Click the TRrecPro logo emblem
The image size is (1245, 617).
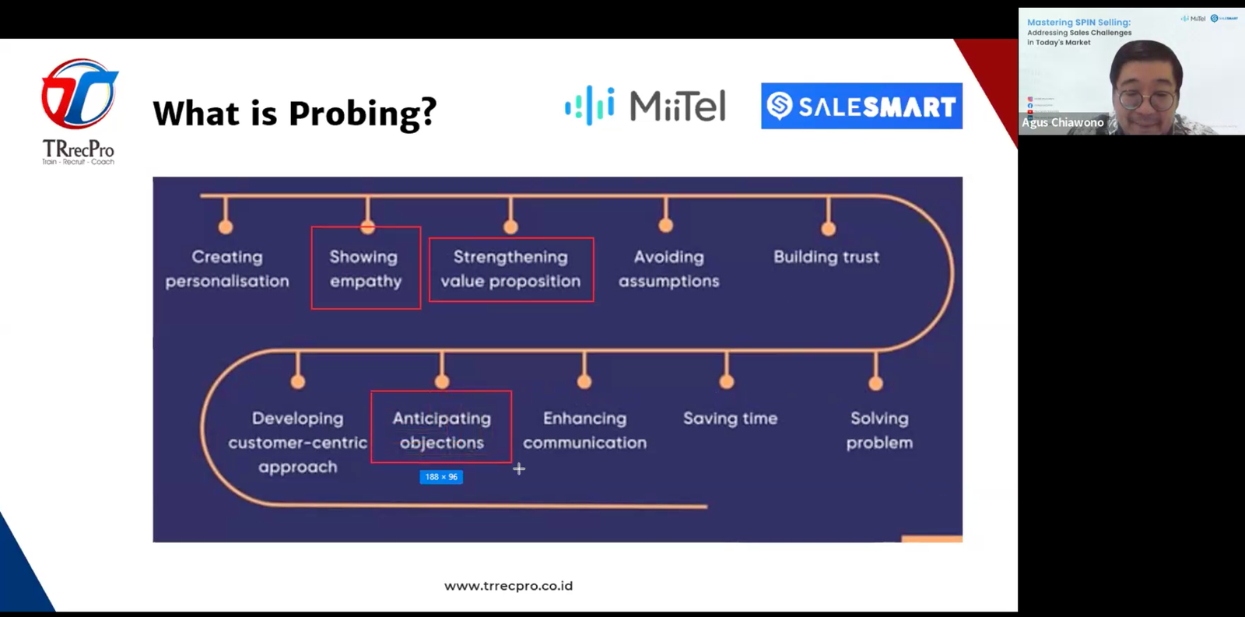pos(79,94)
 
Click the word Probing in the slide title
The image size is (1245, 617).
pos(362,114)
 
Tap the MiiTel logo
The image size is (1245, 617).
pos(645,106)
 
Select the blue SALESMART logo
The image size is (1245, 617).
pos(861,106)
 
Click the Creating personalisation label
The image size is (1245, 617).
pos(227,268)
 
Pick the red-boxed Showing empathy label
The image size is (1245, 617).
pos(366,268)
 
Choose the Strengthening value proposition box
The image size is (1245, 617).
pos(511,269)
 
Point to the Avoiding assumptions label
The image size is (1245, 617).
pos(668,268)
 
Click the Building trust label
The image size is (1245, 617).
pos(826,257)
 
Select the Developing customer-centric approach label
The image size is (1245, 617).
pos(298,442)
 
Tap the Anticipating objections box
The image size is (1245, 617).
pos(441,429)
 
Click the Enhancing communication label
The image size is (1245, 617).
pos(584,430)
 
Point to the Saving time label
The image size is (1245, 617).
pos(730,419)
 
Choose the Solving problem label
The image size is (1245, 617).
pos(879,430)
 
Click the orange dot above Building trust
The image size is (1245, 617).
pos(829,229)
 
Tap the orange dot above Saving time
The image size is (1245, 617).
pos(727,381)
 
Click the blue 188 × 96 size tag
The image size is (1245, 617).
pos(441,477)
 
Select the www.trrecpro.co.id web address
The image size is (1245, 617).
pos(508,586)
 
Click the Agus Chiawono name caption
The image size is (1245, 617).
pos(1063,123)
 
